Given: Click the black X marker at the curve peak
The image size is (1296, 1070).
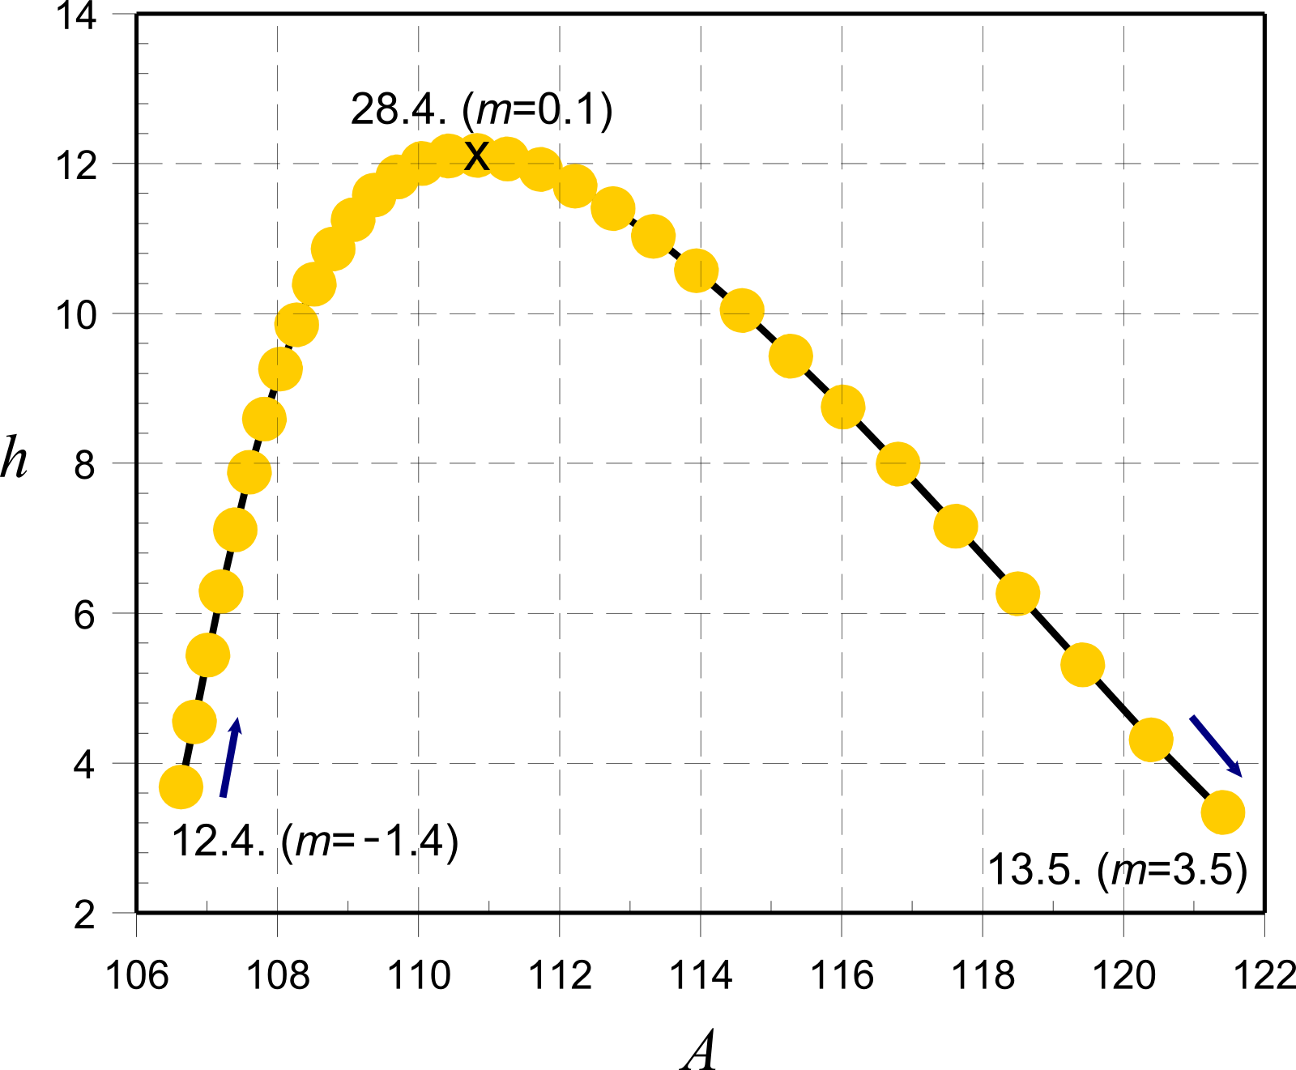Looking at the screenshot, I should tap(477, 156).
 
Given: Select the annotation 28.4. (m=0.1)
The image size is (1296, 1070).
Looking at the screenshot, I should tap(481, 109).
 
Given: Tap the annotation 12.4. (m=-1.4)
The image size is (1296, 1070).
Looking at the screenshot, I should tap(315, 842).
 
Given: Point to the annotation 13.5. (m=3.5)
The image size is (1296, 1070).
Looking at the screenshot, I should tap(1118, 871).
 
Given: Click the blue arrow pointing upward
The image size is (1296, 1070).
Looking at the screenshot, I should tap(231, 757).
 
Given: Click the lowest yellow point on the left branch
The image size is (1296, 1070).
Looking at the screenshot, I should tap(181, 787).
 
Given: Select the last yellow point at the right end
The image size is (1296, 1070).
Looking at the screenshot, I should tap(1222, 812).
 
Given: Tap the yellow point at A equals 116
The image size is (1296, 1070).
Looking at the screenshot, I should tap(842, 407).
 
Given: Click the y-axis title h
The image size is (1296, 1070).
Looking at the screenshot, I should tap(14, 458).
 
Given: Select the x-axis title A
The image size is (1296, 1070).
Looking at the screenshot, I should tap(699, 1051).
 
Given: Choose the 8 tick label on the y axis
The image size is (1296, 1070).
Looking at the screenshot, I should tap(85, 465).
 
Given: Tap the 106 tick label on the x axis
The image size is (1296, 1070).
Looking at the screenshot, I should tap(137, 975).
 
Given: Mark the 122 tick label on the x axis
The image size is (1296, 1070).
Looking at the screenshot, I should tap(1264, 975).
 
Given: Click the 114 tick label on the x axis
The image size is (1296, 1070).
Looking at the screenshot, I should tap(701, 975).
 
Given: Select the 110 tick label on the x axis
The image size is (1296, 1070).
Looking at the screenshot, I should tap(419, 975).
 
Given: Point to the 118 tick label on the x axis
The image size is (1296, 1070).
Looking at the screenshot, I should tap(983, 975).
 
